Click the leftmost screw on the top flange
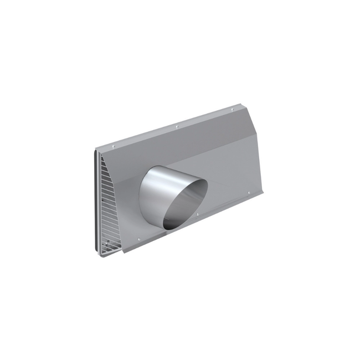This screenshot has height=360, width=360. tap(113, 146)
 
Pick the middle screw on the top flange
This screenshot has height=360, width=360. tap(177, 127)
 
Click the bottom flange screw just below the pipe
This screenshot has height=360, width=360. tap(198, 214)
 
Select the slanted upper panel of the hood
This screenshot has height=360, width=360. tap(183, 144)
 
